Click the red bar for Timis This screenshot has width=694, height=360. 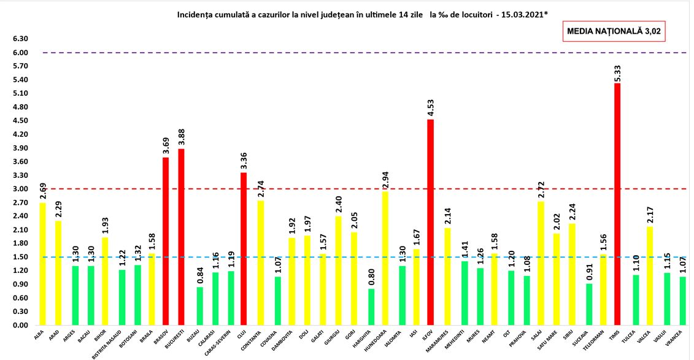(617, 204)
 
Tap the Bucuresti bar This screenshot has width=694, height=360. (182, 237)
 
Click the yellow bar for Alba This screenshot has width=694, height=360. (42, 264)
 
